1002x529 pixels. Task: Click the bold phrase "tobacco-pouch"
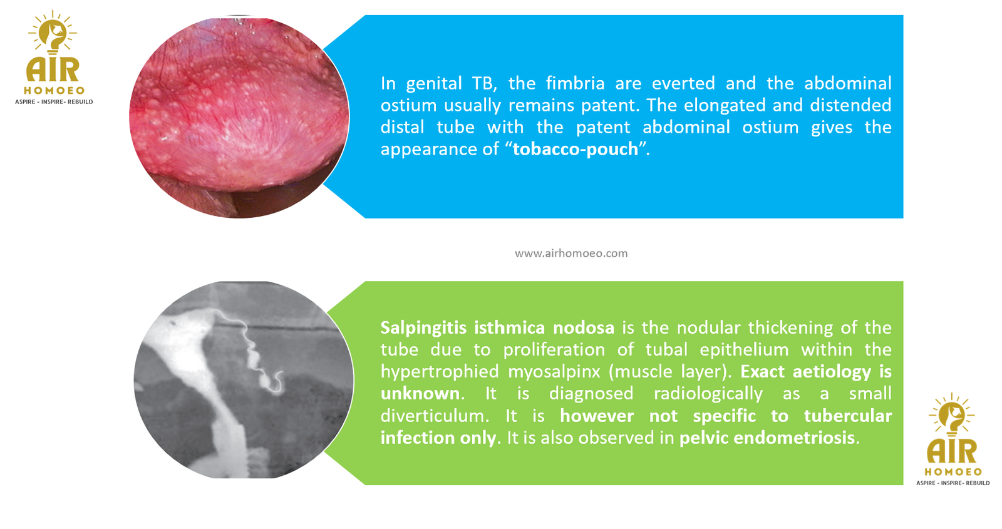pos(576,149)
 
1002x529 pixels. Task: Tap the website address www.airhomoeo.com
pos(571,254)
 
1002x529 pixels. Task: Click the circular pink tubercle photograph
pos(239,117)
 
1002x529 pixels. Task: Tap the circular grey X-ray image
pos(244,379)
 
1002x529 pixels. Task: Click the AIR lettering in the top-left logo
pos(53,70)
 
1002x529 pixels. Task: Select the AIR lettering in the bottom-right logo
pos(952,451)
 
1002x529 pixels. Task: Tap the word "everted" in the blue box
pos(683,83)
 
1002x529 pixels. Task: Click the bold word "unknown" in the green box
pos(420,394)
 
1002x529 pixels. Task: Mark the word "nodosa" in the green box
pos(584,328)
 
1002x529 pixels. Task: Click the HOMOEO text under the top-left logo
pos(54,91)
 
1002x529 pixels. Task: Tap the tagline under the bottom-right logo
pos(953,483)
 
